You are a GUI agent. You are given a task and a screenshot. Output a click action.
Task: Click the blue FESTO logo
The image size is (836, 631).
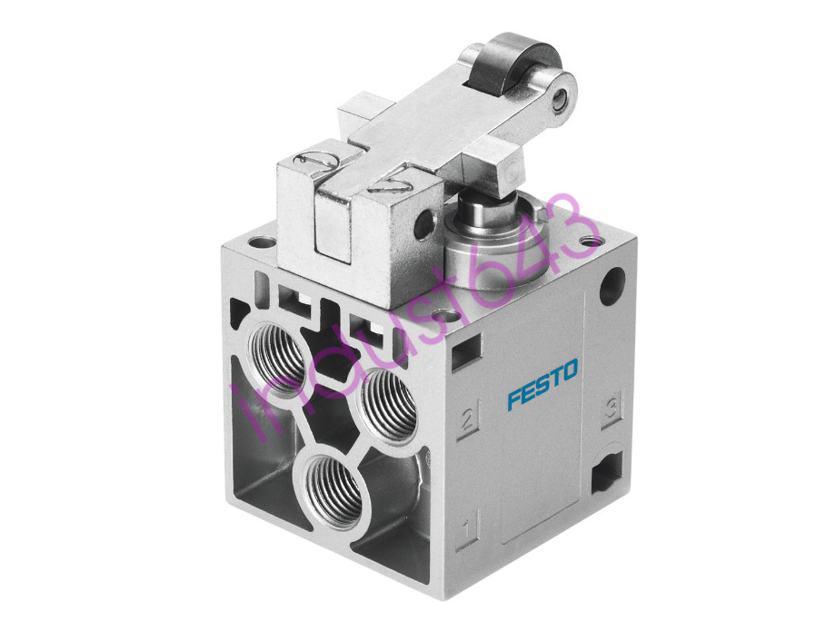(x=542, y=384)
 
